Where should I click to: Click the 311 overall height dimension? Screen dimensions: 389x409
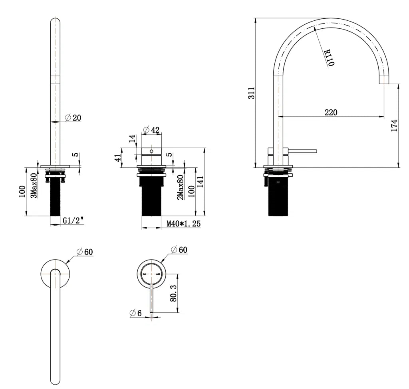coord(251,93)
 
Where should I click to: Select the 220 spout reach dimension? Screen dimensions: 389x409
coord(330,112)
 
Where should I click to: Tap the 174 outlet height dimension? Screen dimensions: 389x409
coord(394,125)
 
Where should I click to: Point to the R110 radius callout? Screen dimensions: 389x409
coord(328,58)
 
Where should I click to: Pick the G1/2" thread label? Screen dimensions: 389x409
coord(73,220)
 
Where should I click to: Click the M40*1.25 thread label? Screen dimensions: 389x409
coord(183,224)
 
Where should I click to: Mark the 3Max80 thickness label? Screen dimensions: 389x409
coord(35,185)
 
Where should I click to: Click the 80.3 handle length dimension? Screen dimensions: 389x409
coord(173,293)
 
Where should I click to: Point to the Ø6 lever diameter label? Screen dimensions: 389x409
coord(136,313)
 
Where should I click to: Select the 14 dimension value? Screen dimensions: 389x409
coord(132,139)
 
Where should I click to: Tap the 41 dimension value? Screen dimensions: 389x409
coord(117,157)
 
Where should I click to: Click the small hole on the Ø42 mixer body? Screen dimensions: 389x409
coord(151,151)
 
